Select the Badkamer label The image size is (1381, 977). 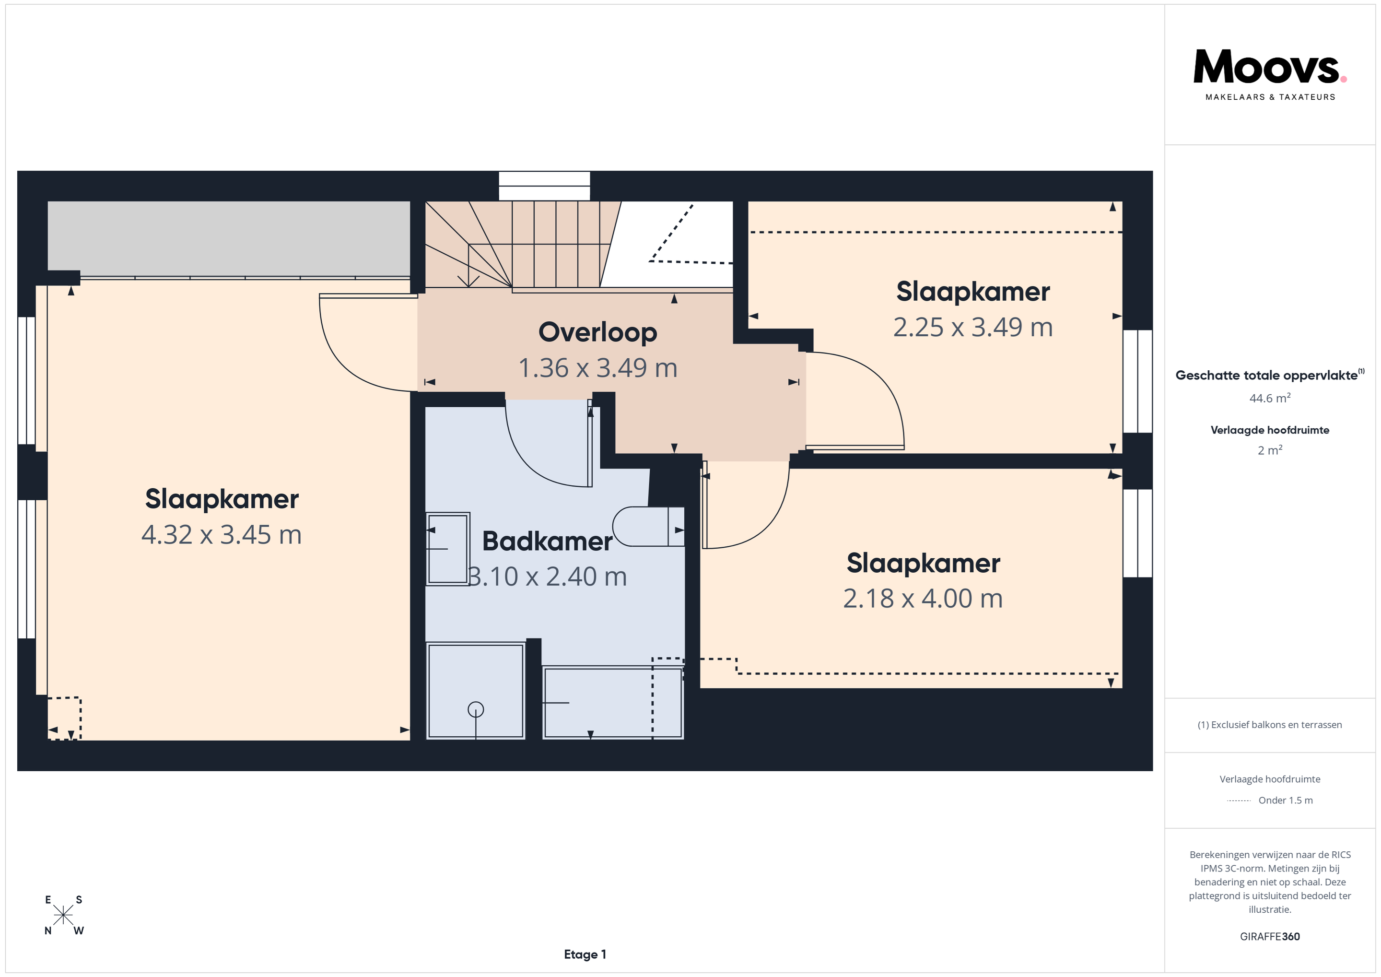point(547,541)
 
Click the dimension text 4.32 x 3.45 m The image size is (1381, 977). point(222,535)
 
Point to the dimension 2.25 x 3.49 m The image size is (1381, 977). point(972,327)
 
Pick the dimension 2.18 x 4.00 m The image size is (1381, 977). point(923,599)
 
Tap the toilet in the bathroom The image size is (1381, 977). point(648,527)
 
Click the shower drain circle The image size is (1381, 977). point(476,710)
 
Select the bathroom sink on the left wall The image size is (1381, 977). point(447,549)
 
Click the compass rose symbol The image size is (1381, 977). point(63,915)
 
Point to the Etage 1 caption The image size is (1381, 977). point(585,954)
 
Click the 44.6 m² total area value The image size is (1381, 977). point(1270,398)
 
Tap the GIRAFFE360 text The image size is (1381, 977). point(1270,936)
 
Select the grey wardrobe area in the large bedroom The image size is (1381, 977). point(229,239)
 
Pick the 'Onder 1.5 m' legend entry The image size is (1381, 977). point(1286,800)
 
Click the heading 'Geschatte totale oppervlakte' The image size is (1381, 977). point(1266,376)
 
